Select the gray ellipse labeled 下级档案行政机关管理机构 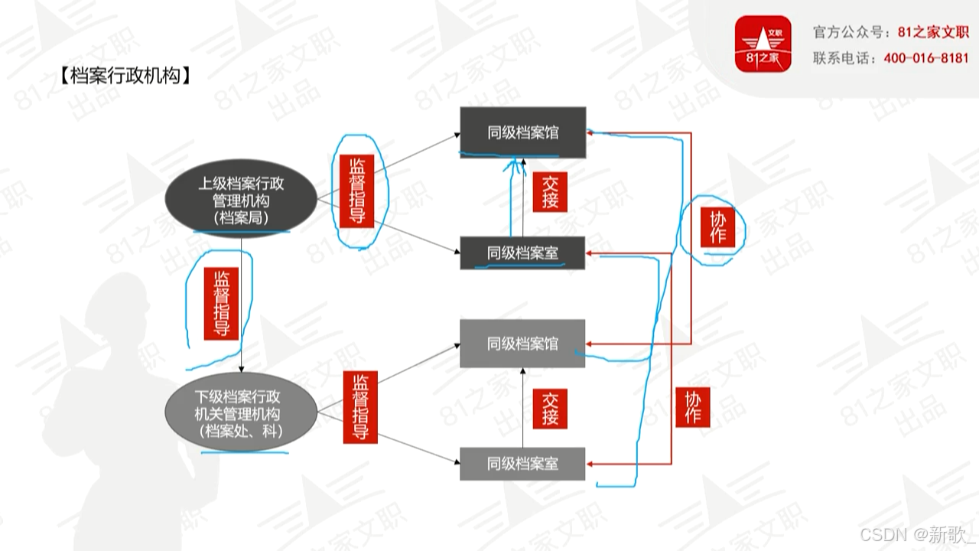point(241,414)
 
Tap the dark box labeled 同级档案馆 point(523,132)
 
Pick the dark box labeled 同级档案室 point(523,253)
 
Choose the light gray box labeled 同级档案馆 point(523,344)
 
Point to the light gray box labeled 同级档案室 point(523,464)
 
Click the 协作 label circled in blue point(717,227)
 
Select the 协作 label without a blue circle point(693,407)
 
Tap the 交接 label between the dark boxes point(551,192)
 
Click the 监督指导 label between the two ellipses point(222,303)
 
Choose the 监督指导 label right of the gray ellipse point(360,406)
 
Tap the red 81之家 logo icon point(763,44)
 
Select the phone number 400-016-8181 point(925,58)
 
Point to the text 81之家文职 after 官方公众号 point(934,32)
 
